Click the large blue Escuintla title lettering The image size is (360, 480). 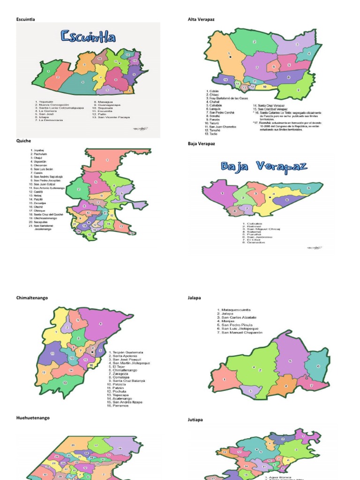click(88, 37)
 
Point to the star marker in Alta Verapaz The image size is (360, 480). click(230, 57)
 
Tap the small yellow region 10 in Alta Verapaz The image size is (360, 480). click(264, 87)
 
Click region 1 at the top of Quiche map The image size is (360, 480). click(107, 161)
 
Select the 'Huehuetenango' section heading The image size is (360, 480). click(33, 418)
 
